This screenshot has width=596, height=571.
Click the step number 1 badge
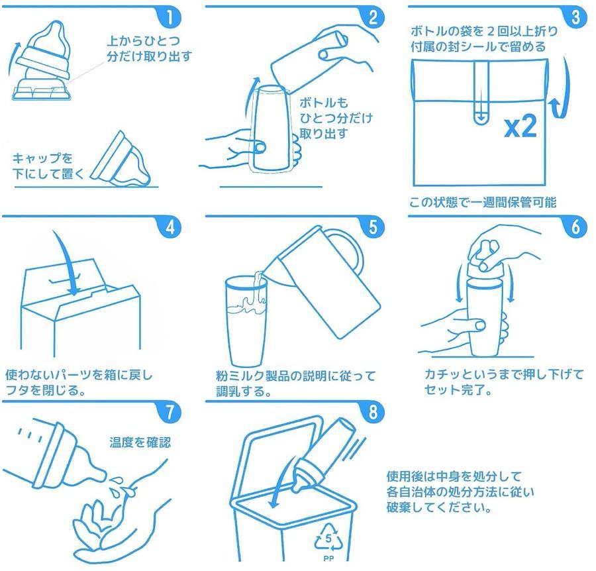point(170,18)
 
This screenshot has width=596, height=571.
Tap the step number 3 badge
point(575,17)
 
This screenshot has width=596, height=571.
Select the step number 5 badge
point(373,227)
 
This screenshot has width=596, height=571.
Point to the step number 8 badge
point(373,412)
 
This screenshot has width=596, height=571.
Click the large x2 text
point(521,127)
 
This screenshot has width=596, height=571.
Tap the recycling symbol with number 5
point(328,537)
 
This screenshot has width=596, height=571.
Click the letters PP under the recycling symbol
point(328,558)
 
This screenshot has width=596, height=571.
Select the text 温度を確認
point(140,442)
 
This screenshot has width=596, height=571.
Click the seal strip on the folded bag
point(481,92)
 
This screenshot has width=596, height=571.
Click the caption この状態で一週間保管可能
point(483,202)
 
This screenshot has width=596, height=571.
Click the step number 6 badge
point(575,227)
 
